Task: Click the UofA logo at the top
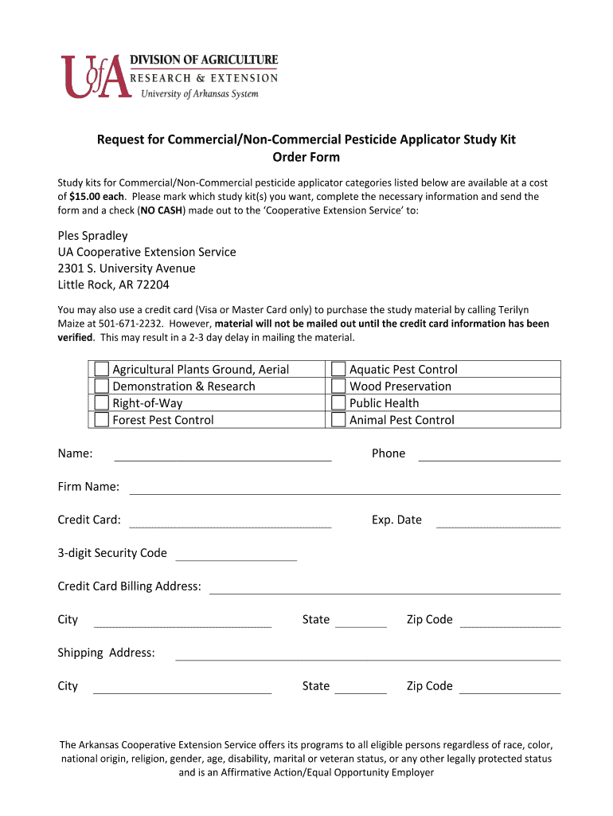pyautogui.click(x=96, y=76)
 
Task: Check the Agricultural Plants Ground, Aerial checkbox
pyautogui.click(x=102, y=369)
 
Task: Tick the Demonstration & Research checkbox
pyautogui.click(x=102, y=386)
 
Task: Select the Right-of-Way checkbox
pyautogui.click(x=102, y=402)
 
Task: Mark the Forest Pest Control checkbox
pyautogui.click(x=102, y=419)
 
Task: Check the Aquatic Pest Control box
pyautogui.click(x=339, y=369)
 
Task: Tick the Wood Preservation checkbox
pyautogui.click(x=339, y=386)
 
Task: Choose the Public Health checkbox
pyautogui.click(x=339, y=402)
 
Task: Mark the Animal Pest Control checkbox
pyautogui.click(x=339, y=419)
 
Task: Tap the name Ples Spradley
pyautogui.click(x=92, y=236)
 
